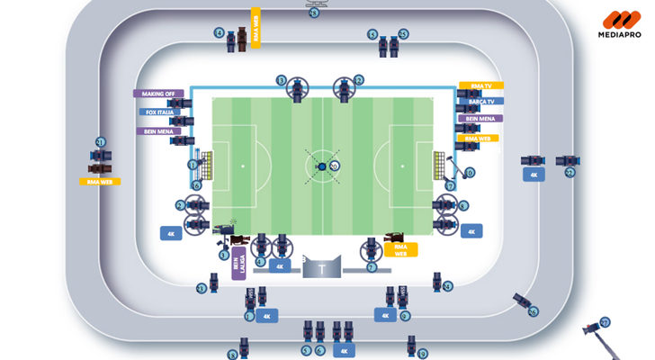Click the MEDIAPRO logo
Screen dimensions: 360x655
click(x=621, y=24)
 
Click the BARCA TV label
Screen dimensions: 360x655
click(x=479, y=103)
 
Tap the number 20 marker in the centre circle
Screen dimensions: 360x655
click(x=335, y=166)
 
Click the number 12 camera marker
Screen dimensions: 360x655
click(x=359, y=80)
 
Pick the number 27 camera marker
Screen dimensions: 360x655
click(x=606, y=322)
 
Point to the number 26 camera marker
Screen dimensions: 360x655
click(x=533, y=312)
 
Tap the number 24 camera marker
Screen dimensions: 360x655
click(x=448, y=285)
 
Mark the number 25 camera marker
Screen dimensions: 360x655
click(x=404, y=34)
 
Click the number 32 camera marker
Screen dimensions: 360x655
click(x=570, y=173)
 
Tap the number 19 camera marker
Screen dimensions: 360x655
click(x=423, y=354)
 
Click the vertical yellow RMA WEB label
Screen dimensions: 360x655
click(x=256, y=28)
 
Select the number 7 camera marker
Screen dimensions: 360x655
click(x=372, y=267)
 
